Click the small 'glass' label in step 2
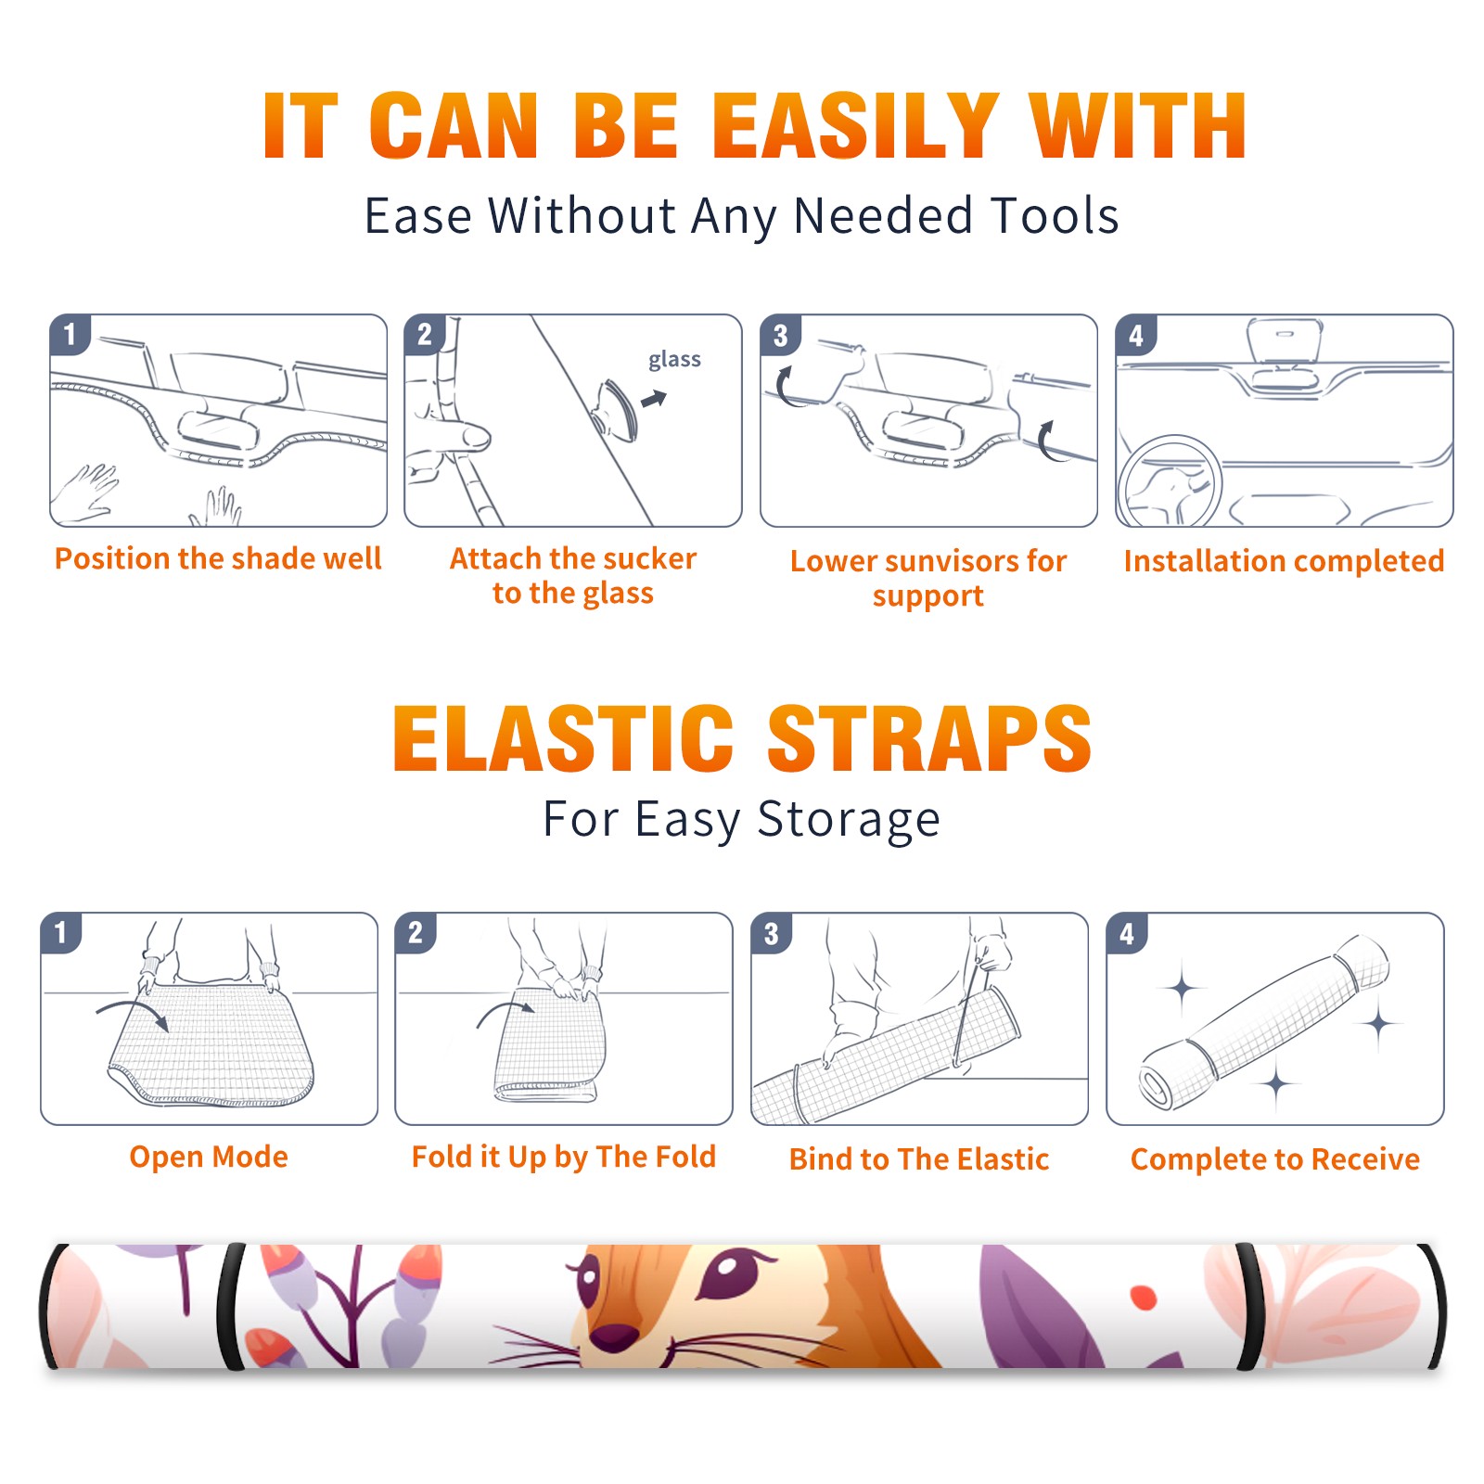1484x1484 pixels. point(674,360)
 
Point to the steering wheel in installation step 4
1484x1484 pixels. point(1170,482)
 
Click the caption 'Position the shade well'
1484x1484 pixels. point(218,558)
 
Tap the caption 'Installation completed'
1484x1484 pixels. point(1284,560)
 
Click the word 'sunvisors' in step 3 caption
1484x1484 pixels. point(954,560)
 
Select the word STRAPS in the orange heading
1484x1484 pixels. point(929,738)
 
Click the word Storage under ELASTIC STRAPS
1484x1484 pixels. point(849,820)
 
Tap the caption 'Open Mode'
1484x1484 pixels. point(209,1157)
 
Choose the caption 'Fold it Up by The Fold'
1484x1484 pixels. point(564,1158)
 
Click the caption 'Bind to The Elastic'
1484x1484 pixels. point(919,1159)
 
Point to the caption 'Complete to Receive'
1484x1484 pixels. point(1275,1159)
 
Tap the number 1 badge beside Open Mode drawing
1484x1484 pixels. point(61,932)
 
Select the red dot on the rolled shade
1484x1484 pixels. point(1144,1298)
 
